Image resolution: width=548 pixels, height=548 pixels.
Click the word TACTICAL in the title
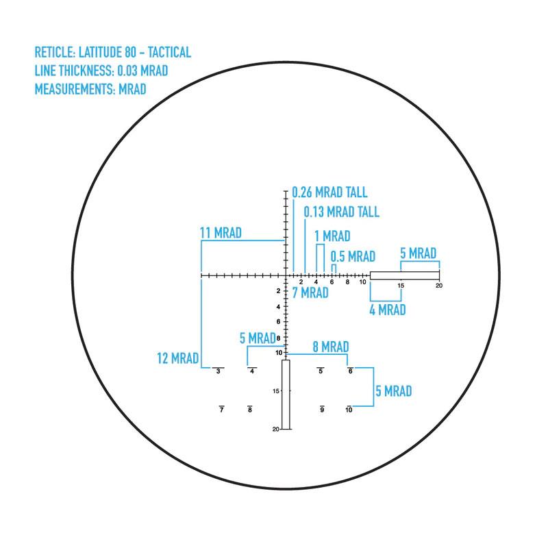[x=169, y=53]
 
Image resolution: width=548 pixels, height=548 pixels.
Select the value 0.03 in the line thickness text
[x=127, y=71]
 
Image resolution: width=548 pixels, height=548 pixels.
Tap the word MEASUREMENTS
[x=75, y=90]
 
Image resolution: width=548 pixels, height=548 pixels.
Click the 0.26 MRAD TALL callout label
[x=329, y=192]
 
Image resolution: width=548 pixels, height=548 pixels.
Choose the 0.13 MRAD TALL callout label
[x=341, y=212]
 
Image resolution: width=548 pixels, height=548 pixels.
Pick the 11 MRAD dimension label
[x=221, y=233]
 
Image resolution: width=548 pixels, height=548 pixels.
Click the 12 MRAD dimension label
[x=177, y=358]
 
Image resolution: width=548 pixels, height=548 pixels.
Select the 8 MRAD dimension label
[x=331, y=347]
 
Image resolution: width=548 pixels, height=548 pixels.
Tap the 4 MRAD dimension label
[x=388, y=310]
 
